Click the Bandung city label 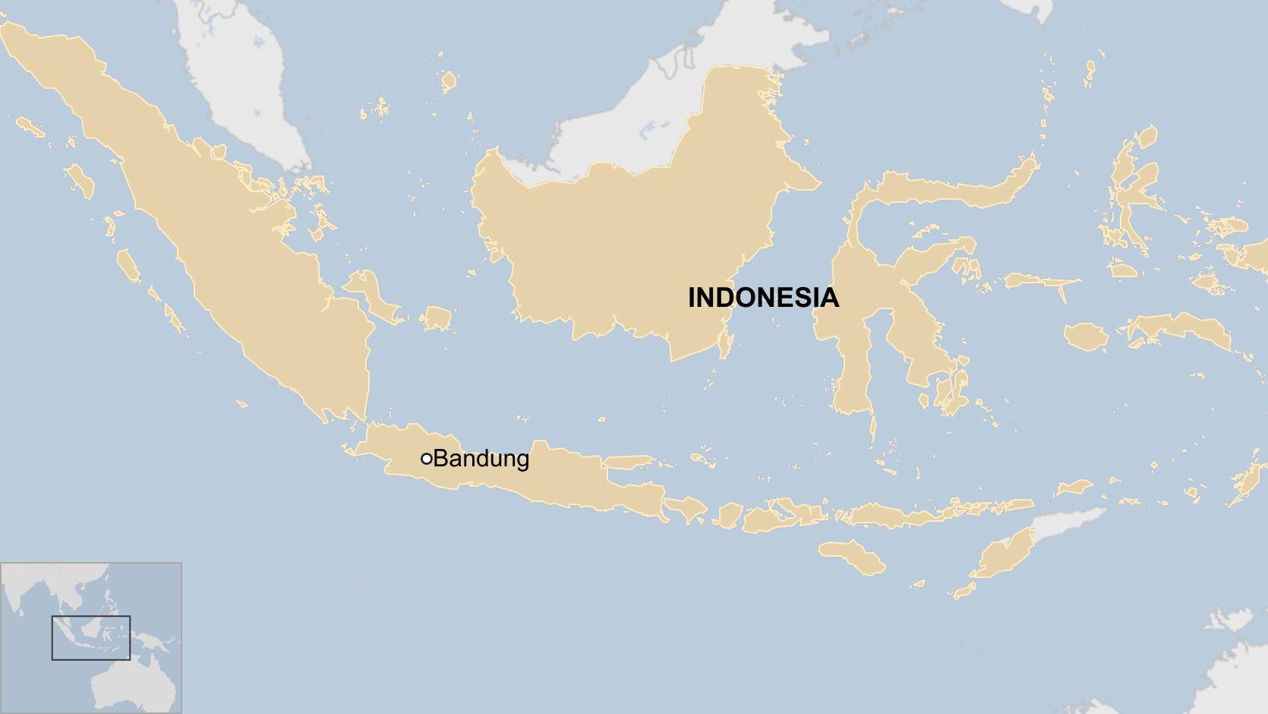tap(481, 459)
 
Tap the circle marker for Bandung tap(427, 459)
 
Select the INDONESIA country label tap(763, 298)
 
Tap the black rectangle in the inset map tap(91, 637)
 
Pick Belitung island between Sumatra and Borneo tap(437, 318)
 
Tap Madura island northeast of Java tap(626, 461)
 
